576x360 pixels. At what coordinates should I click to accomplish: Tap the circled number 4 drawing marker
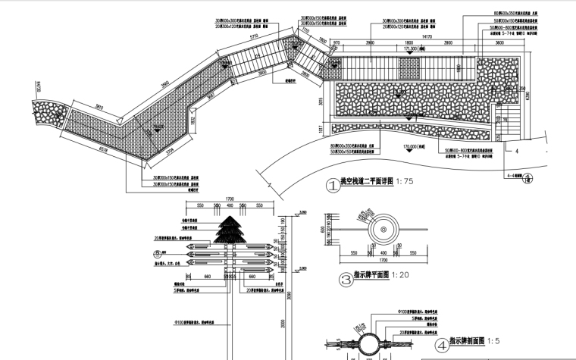click(440, 343)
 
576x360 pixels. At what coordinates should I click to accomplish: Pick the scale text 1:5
click(494, 341)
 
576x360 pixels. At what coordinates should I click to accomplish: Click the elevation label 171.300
click(412, 49)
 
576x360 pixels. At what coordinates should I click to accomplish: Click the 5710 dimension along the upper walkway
click(255, 36)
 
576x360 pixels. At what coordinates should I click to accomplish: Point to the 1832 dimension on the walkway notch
click(193, 120)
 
